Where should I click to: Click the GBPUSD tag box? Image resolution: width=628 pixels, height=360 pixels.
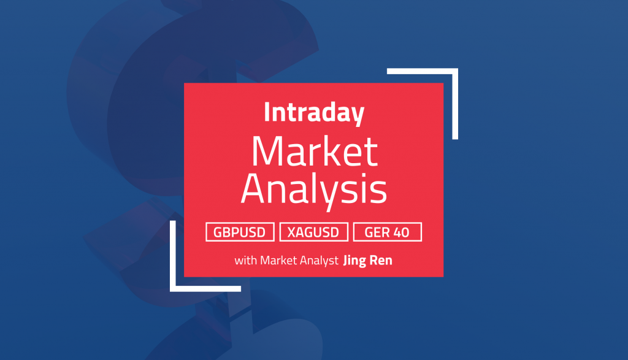point(240,232)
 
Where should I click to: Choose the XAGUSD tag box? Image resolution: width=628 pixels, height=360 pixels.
point(314,232)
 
